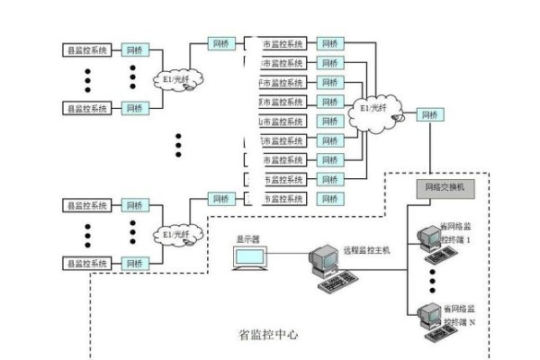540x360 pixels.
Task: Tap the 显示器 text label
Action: [x=247, y=239]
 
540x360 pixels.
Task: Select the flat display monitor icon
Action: [x=249, y=260]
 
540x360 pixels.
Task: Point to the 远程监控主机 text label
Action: [x=367, y=251]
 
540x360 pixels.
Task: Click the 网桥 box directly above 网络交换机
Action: [x=431, y=115]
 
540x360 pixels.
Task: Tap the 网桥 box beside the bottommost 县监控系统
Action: [x=135, y=263]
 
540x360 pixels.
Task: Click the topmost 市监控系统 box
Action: [x=282, y=43]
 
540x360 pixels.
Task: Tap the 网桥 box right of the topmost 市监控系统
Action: [x=331, y=43]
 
